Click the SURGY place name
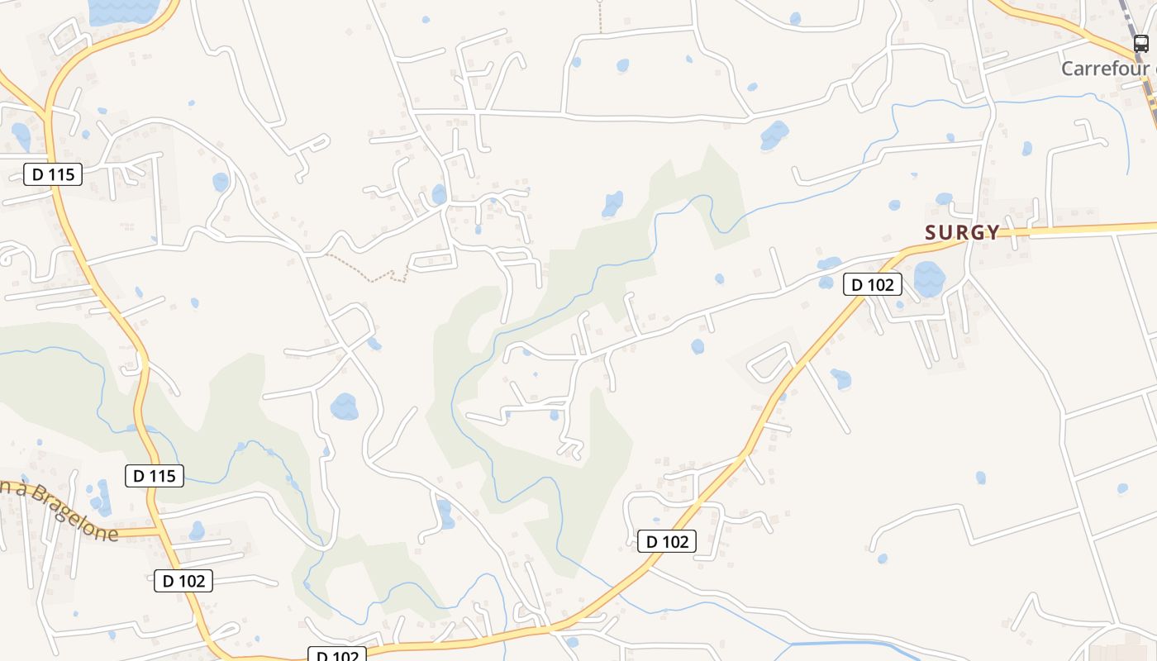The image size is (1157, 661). click(963, 233)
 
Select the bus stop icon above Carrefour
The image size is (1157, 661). click(1140, 44)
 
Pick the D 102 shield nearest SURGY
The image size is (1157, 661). click(872, 285)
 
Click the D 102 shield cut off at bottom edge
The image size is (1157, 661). click(336, 655)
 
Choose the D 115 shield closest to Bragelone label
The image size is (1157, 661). click(155, 476)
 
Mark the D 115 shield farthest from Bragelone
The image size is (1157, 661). click(53, 174)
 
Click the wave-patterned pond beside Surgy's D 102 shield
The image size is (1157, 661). click(929, 279)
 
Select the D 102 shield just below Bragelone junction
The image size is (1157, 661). click(183, 581)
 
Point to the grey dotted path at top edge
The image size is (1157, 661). click(600, 17)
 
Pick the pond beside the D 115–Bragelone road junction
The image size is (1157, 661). click(197, 530)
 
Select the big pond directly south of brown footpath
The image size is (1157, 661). click(344, 407)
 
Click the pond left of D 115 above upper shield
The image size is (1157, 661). click(21, 136)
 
